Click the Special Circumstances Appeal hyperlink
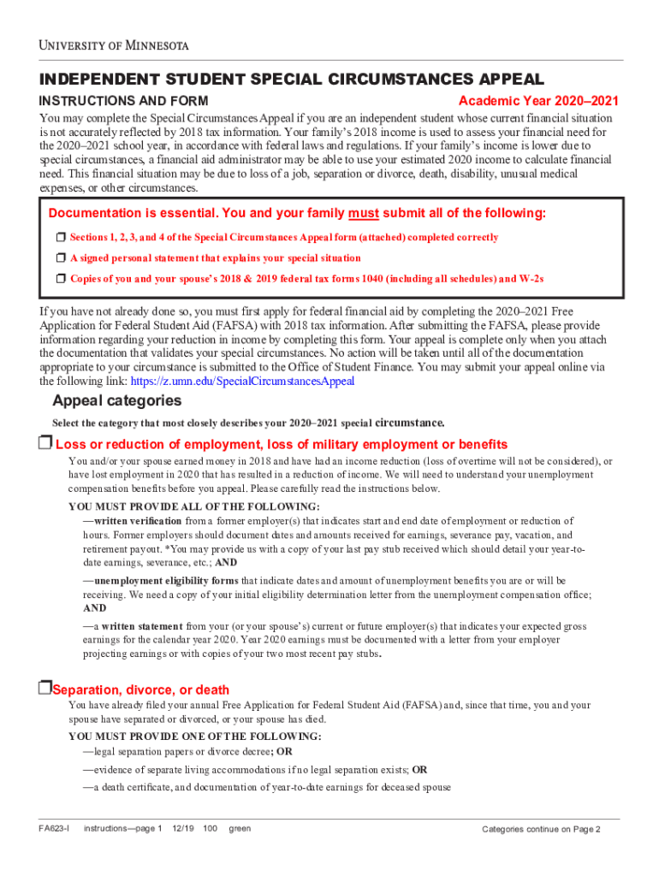pyautogui.click(x=276, y=382)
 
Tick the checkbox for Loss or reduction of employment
pyautogui.click(x=45, y=442)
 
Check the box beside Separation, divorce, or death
pyautogui.click(x=45, y=688)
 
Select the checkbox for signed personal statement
pyautogui.click(x=61, y=257)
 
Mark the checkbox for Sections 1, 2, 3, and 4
pyautogui.click(x=61, y=237)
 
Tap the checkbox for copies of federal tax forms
pyautogui.click(x=61, y=278)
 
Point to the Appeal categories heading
pyautogui.click(x=117, y=401)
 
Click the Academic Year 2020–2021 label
pyautogui.click(x=538, y=102)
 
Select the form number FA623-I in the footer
pyautogui.click(x=54, y=829)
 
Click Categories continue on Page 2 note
pyautogui.click(x=541, y=830)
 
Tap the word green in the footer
pyautogui.click(x=240, y=829)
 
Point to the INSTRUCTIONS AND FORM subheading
pyautogui.click(x=123, y=102)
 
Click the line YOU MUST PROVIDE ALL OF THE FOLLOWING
pyautogui.click(x=193, y=506)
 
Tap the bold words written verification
pyautogui.click(x=137, y=521)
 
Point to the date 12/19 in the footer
pyautogui.click(x=183, y=829)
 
